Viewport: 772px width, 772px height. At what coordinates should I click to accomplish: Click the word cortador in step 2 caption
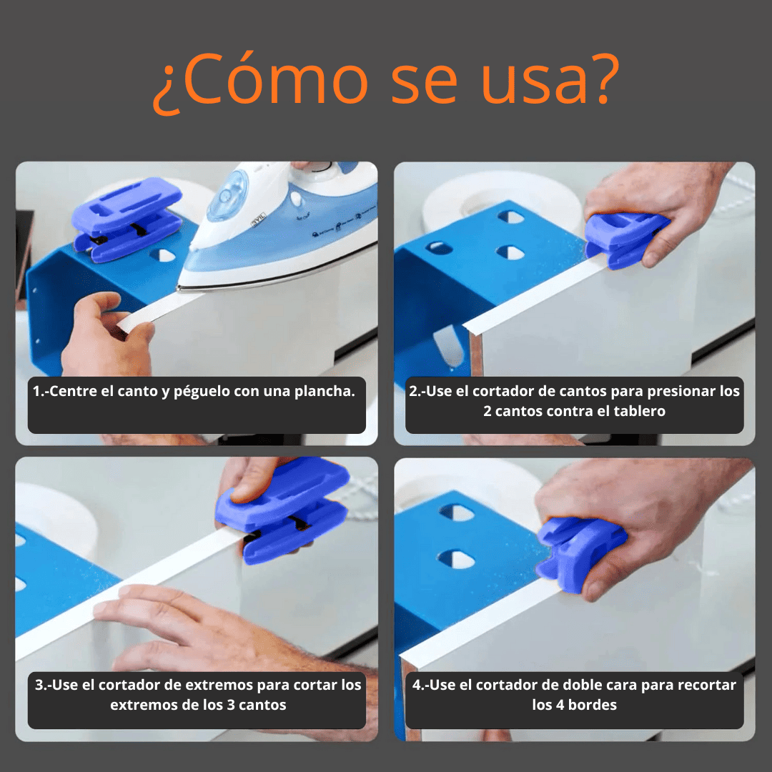click(500, 392)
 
